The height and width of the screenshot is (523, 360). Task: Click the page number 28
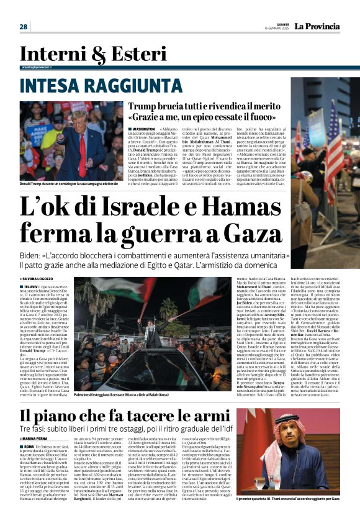pyautogui.click(x=24, y=26)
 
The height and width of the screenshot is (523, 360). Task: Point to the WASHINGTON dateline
pyautogui.click(x=143, y=129)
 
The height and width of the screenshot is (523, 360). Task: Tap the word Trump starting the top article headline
pyautogui.click(x=143, y=106)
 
